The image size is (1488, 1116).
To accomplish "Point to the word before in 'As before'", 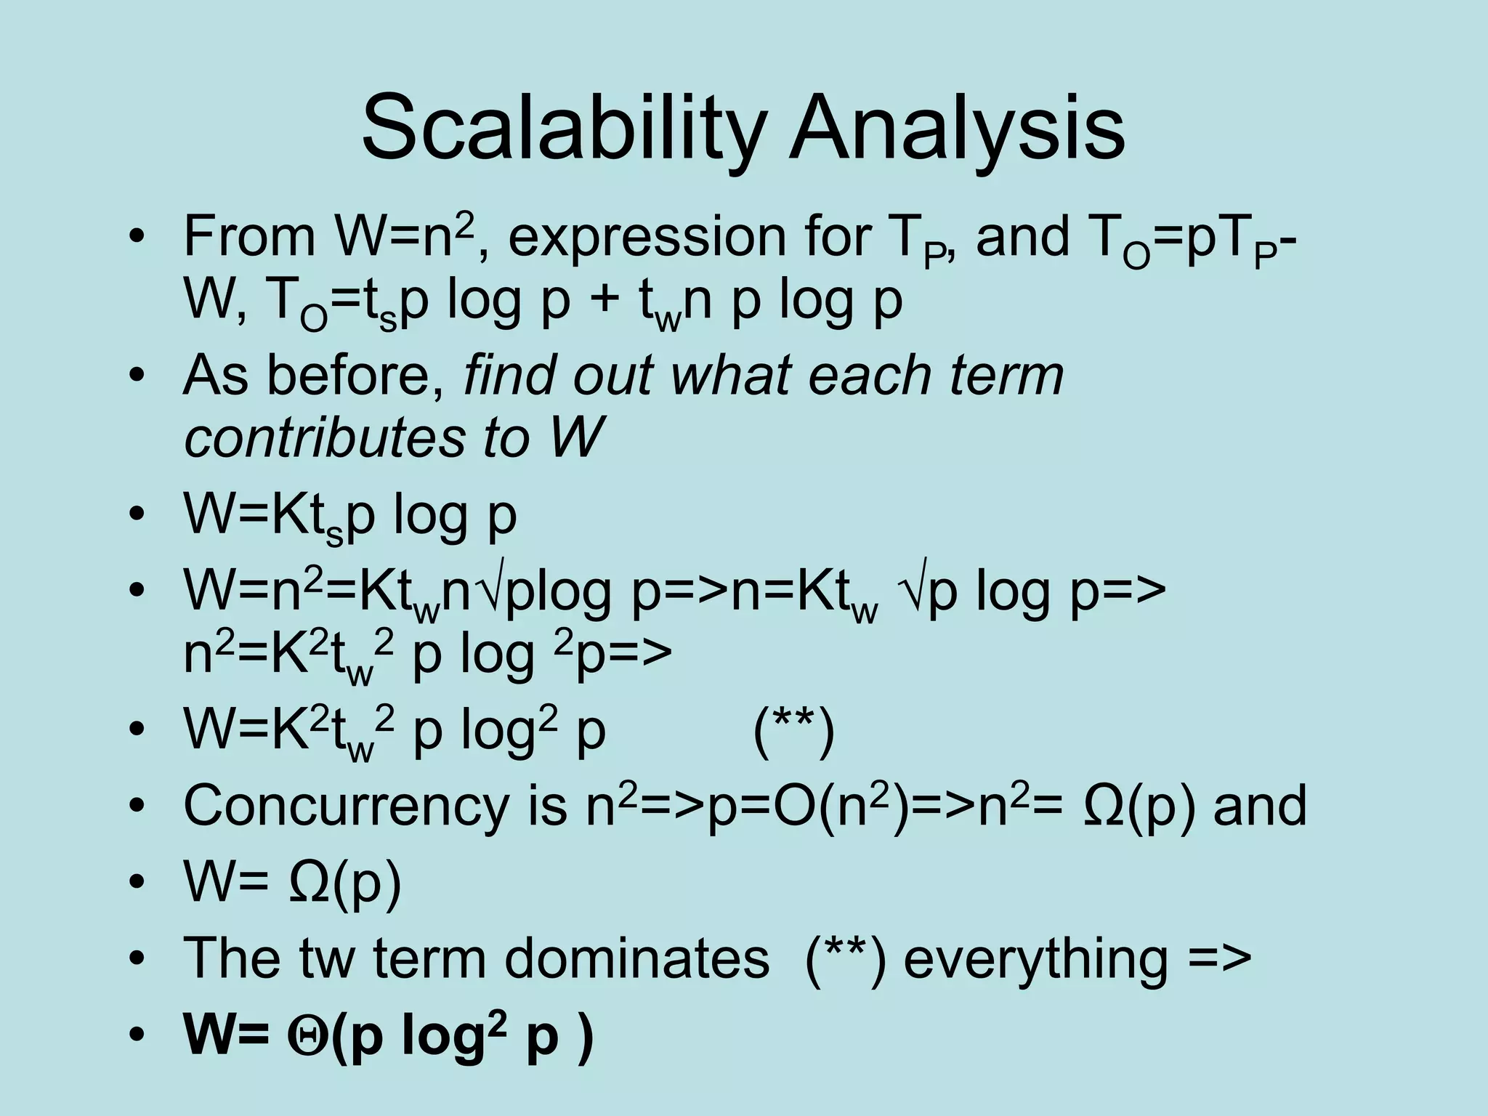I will (357, 376).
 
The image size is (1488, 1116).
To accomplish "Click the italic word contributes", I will (324, 438).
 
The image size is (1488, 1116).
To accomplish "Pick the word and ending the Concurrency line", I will (1260, 806).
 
